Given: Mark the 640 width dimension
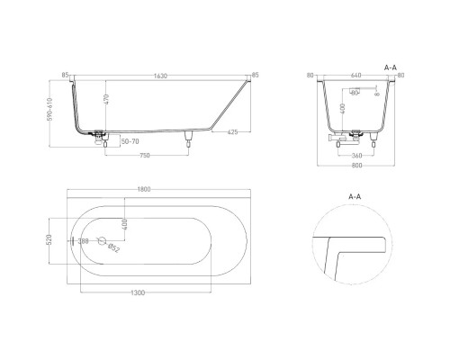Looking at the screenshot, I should pyautogui.click(x=355, y=76).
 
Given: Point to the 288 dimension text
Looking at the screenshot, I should pyautogui.click(x=84, y=241).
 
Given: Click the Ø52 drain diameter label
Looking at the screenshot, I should pyautogui.click(x=113, y=249).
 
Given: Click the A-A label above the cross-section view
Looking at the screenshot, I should pyautogui.click(x=391, y=66).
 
